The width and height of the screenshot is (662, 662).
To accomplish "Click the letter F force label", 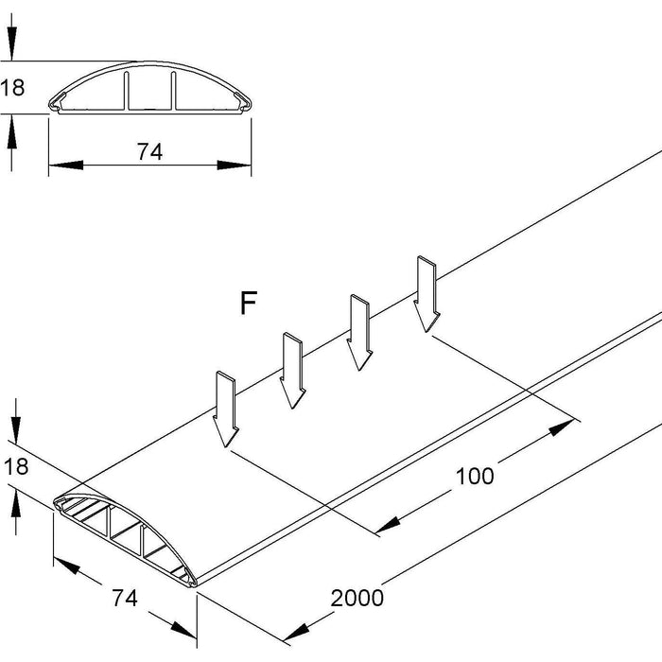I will [x=248, y=304].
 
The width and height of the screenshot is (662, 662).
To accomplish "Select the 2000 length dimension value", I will [x=357, y=598].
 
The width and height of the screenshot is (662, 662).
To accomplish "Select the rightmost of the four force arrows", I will [x=425, y=294].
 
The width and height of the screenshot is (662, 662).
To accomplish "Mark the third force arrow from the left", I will [x=358, y=332].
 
